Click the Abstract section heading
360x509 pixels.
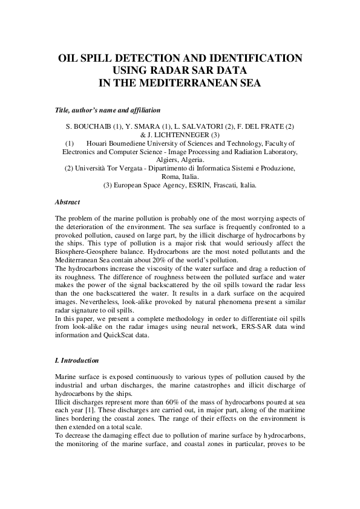point(67,202)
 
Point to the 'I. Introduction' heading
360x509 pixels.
point(77,360)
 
